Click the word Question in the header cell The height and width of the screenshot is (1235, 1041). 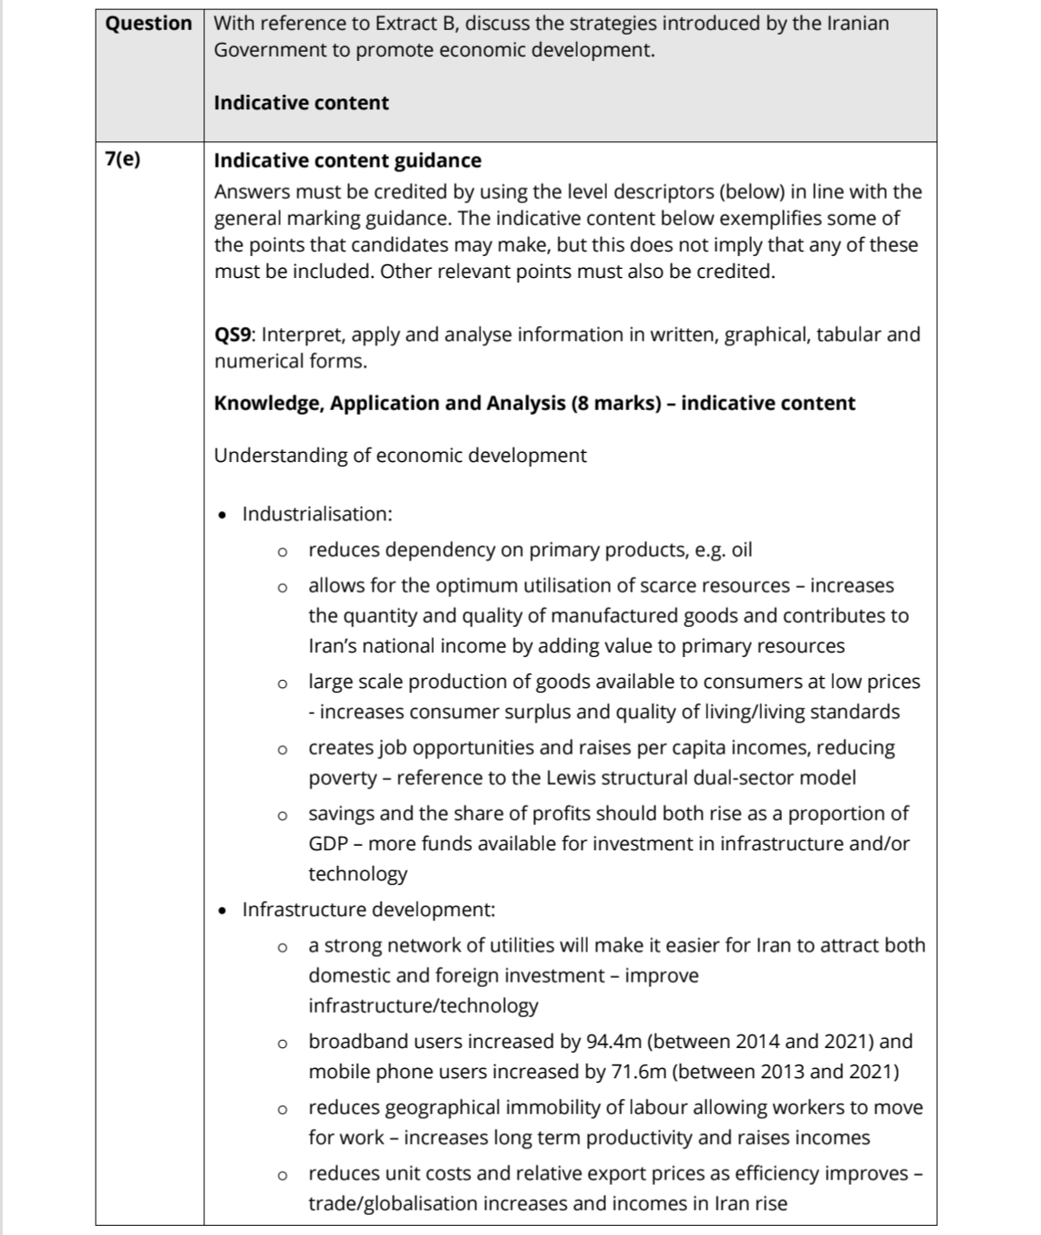pos(149,24)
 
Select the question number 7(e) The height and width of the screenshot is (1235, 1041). pos(123,160)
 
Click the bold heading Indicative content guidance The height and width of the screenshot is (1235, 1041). pos(347,160)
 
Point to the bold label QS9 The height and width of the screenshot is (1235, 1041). pos(234,334)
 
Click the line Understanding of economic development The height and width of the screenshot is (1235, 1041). pos(400,455)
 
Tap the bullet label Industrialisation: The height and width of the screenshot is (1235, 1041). pos(317,514)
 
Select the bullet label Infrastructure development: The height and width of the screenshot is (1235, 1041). pos(368,910)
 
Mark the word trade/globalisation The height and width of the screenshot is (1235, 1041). pos(390,1203)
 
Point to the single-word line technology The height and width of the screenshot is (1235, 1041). pos(357,873)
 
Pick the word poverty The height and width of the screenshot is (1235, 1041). pos(343,777)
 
